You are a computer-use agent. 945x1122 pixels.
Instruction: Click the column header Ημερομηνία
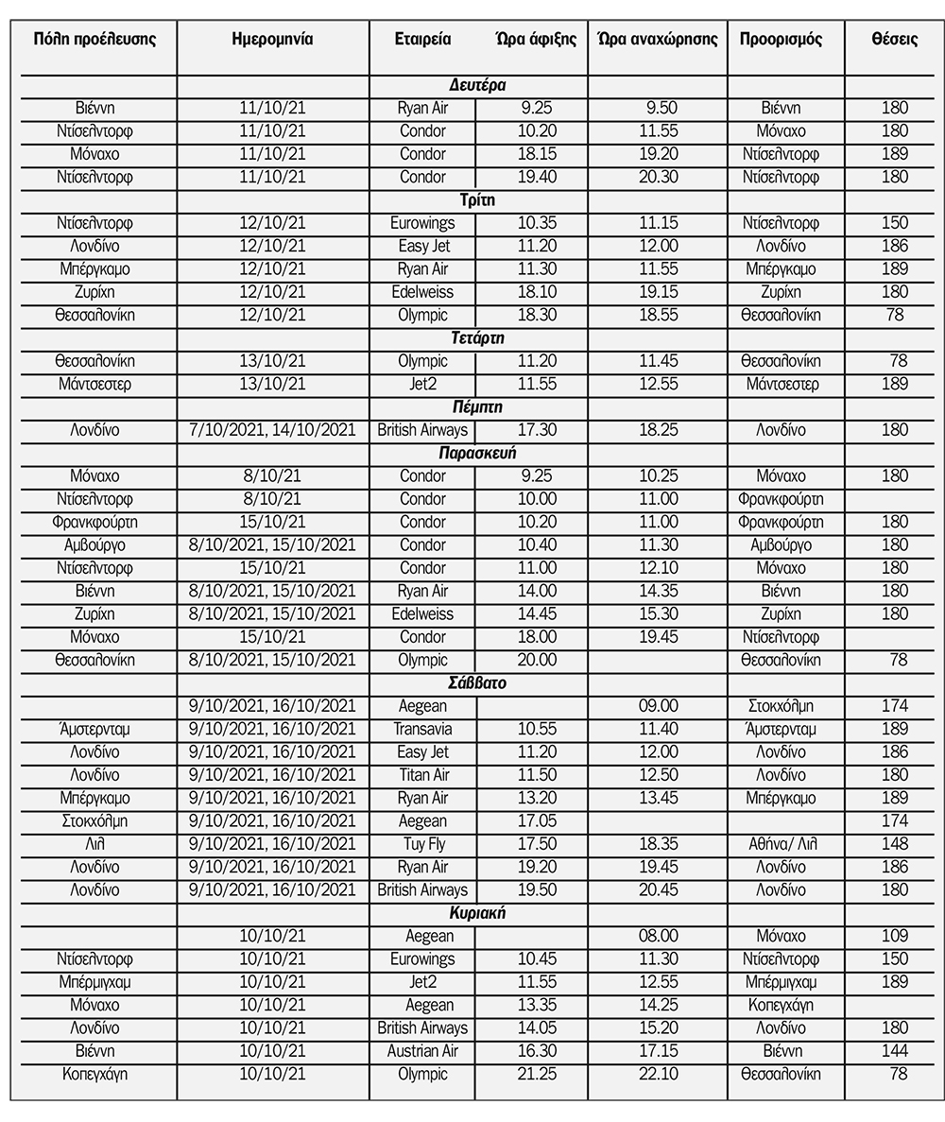(x=272, y=40)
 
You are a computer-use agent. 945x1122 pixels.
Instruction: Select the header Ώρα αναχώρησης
(x=658, y=40)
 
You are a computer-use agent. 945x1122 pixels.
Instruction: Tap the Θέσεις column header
(x=894, y=40)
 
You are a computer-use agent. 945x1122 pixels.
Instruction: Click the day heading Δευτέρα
(x=478, y=85)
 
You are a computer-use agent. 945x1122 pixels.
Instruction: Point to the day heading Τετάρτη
(x=478, y=337)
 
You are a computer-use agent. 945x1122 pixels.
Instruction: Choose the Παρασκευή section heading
(x=478, y=453)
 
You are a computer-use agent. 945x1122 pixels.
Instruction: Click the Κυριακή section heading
(x=478, y=912)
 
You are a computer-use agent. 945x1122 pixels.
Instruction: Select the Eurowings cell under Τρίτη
(x=422, y=223)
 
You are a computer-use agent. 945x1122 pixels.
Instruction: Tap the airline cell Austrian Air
(x=422, y=1050)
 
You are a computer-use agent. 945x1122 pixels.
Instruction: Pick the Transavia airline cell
(x=422, y=729)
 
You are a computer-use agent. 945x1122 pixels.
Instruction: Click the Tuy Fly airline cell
(x=422, y=843)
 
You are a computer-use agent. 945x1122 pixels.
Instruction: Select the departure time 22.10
(x=658, y=1074)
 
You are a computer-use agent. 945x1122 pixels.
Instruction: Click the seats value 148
(x=894, y=843)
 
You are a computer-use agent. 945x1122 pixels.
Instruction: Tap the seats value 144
(x=894, y=1050)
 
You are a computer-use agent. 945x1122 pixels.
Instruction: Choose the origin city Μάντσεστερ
(x=94, y=384)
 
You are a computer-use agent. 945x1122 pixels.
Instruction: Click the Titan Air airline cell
(x=422, y=775)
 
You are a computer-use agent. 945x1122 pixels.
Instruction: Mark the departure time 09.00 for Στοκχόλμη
(x=658, y=706)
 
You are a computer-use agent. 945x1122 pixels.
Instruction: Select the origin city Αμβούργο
(x=94, y=545)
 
